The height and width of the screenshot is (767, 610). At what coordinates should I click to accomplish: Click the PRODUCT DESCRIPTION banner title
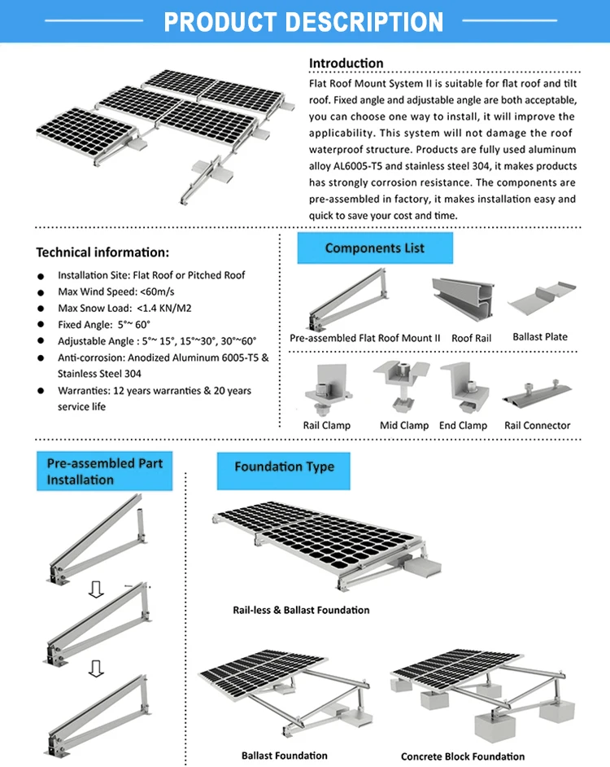304,21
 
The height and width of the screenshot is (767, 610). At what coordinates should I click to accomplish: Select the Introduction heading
346,64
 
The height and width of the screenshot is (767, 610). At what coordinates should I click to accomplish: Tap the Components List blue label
375,248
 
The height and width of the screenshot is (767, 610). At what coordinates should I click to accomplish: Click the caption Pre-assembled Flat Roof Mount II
365,338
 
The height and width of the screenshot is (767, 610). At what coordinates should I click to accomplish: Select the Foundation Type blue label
284,467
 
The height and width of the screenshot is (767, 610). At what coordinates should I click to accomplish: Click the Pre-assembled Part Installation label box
104,471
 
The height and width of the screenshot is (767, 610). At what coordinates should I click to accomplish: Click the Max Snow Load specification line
124,309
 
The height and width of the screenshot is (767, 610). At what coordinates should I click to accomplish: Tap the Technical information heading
102,252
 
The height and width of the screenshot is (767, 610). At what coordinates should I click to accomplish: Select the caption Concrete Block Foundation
463,756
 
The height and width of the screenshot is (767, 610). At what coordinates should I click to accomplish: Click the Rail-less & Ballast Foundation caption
301,610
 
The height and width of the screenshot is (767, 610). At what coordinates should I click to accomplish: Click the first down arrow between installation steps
96,589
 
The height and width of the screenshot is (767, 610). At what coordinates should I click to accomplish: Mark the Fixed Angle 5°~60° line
104,325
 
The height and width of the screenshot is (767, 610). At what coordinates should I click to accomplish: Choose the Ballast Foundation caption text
285,756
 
